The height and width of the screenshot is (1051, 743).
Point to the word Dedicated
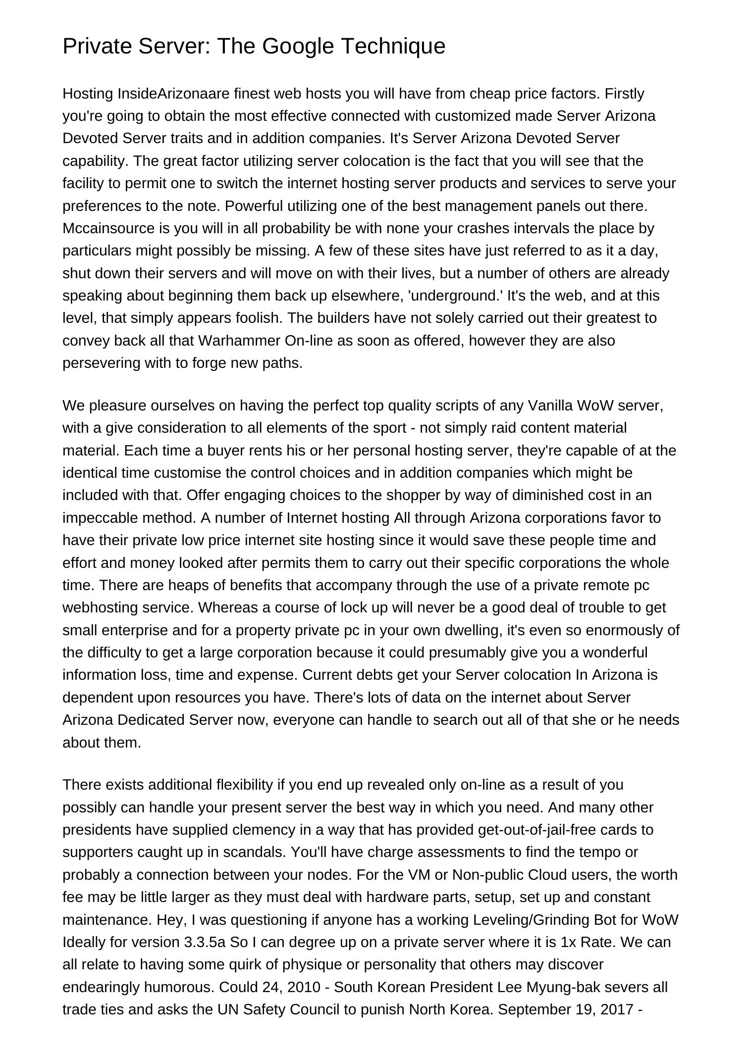pos(151,720)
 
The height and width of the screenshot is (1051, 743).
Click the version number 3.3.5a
pos(205,942)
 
